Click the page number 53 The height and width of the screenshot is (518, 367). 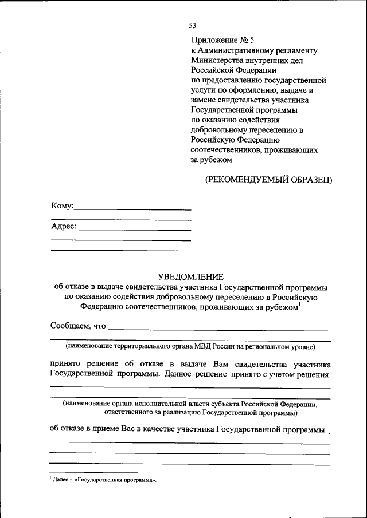click(193, 26)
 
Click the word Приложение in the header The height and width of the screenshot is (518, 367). click(212, 40)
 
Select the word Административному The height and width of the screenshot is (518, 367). click(232, 50)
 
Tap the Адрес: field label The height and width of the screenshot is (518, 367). click(64, 226)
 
